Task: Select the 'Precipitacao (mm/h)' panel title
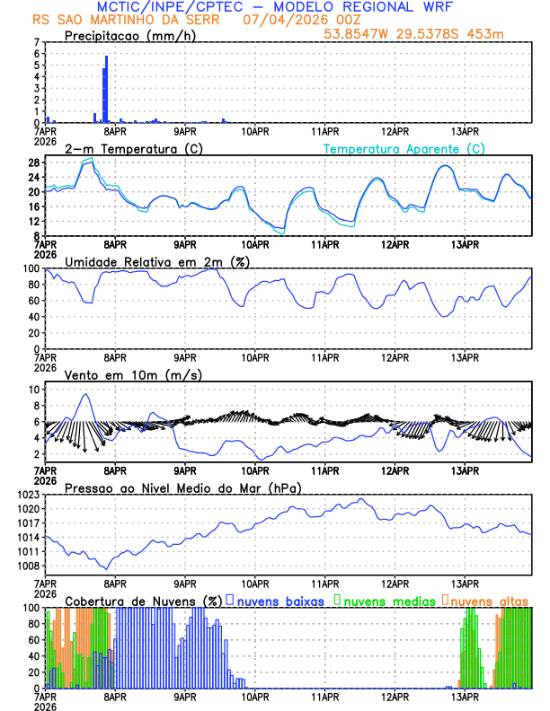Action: pyautogui.click(x=130, y=36)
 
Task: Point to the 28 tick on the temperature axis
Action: pyautogui.click(x=35, y=162)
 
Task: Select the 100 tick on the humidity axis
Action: pyautogui.click(x=32, y=268)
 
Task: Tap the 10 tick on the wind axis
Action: pyautogui.click(x=34, y=390)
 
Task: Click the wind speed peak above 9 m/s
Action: pyautogui.click(x=86, y=395)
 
